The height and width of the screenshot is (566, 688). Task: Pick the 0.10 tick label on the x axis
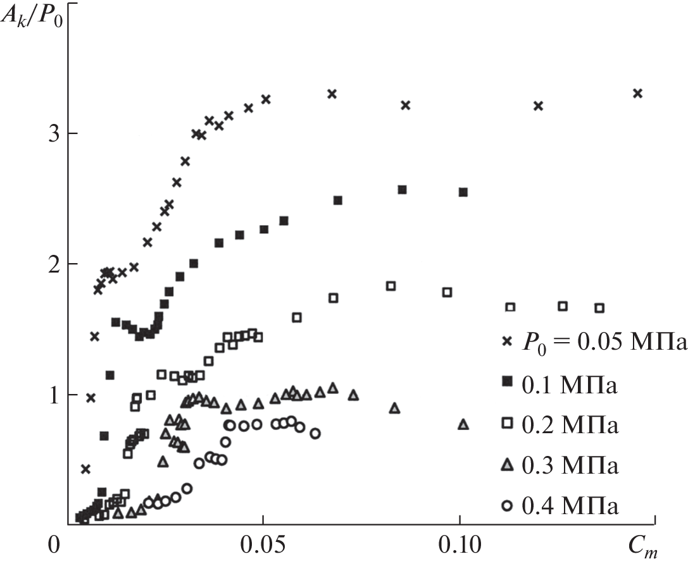click(x=460, y=545)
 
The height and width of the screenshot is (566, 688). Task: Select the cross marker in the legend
click(x=506, y=341)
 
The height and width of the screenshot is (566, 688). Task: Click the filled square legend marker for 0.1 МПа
click(x=506, y=382)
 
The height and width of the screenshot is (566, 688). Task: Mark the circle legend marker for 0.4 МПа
click(x=506, y=506)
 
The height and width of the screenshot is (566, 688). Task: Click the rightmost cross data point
click(x=637, y=94)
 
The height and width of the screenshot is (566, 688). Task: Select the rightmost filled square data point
click(x=463, y=192)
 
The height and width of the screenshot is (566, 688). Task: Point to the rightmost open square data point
click(x=599, y=308)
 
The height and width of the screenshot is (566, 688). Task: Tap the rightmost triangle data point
click(x=463, y=425)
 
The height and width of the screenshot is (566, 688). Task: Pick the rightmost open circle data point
click(x=315, y=433)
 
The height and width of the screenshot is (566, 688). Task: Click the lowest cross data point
click(x=85, y=469)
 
